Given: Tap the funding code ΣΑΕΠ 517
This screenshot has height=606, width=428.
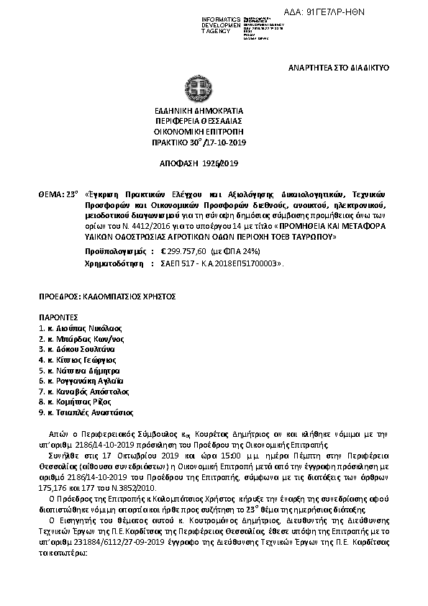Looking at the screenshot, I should click(180, 265).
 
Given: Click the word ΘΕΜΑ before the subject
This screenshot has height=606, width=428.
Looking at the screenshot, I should click(50, 194).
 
